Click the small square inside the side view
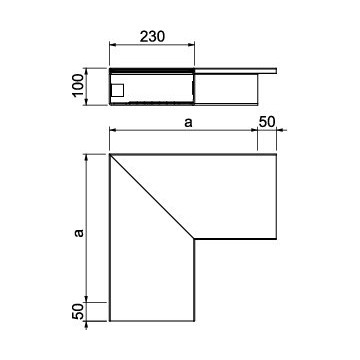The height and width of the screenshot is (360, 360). tap(117, 90)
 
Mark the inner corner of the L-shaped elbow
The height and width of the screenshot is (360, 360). tap(195, 238)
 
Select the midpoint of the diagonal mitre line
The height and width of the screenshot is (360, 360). tap(152, 196)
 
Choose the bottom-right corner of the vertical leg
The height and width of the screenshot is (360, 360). tap(195, 323)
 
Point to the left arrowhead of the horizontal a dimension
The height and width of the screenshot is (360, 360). tap(111, 133)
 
